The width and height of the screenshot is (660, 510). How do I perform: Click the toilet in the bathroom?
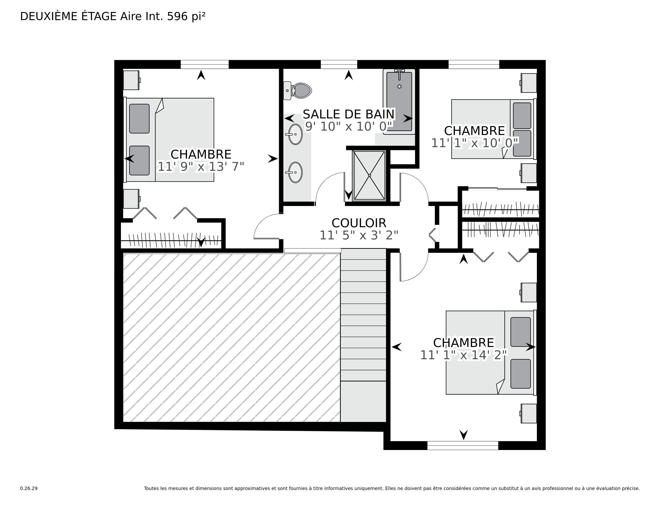click(297, 90)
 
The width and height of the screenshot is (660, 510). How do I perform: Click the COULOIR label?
click(359, 223)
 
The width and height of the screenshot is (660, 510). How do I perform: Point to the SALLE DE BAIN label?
click(349, 114)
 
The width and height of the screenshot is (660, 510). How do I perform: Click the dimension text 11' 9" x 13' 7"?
click(201, 166)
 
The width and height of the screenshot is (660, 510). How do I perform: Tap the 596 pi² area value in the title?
click(186, 16)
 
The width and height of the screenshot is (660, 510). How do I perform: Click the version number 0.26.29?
click(29, 488)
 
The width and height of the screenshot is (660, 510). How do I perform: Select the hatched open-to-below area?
click(231, 337)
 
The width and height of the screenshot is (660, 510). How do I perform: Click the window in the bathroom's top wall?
click(339, 64)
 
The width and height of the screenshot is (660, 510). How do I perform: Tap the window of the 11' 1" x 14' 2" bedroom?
click(463, 445)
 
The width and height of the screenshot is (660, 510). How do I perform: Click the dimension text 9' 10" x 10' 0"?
click(349, 126)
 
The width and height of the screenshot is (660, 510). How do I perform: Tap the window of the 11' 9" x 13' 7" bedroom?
click(205, 64)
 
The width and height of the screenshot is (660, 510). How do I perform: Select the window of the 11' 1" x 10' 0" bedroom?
click(474, 64)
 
